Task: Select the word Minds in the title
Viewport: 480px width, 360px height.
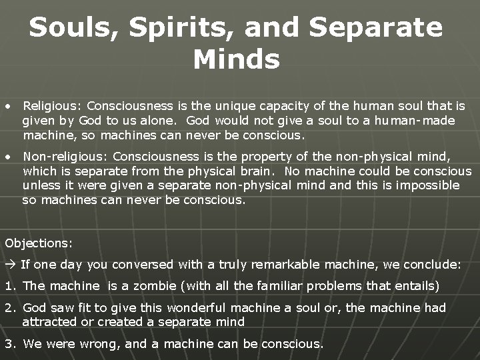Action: [237, 60]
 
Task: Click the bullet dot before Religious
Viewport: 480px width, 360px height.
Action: [7, 106]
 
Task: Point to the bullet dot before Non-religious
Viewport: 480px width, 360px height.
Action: [7, 157]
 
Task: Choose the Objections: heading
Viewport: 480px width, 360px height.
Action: [39, 243]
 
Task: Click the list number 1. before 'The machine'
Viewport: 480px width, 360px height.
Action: [10, 286]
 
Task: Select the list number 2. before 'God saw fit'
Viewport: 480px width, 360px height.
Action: [10, 308]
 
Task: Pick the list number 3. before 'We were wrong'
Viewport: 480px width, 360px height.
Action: [10, 344]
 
